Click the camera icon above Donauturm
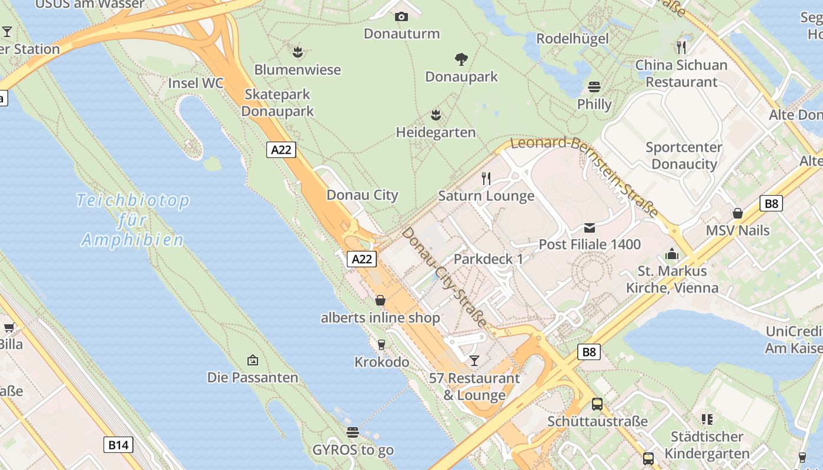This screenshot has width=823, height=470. pos(402,16)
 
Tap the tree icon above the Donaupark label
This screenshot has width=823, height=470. pos(461,59)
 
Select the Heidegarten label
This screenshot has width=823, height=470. pos(436,132)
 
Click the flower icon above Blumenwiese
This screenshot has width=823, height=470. pos(297,52)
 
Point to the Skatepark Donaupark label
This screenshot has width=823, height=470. pos(277,103)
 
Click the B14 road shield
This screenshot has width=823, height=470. pos(118,445)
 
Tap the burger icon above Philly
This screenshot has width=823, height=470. pos(594,87)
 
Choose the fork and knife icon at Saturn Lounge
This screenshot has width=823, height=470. pos(486,178)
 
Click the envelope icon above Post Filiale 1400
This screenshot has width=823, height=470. pos(590,227)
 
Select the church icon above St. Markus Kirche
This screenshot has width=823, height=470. pos(672,254)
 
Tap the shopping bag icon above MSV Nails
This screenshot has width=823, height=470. pos(738,213)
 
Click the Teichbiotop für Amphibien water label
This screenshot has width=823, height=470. pos(133,220)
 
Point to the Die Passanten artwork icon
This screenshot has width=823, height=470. pos(253,360)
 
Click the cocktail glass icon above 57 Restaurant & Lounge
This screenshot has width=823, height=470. pos(474,360)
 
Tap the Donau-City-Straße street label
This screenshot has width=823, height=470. pos(444,277)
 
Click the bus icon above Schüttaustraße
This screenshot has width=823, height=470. pos(597,404)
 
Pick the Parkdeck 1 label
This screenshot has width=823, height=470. pos(489,259)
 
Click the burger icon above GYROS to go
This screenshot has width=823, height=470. pos(353,432)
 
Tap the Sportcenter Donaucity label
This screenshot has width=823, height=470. pos(684,155)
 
